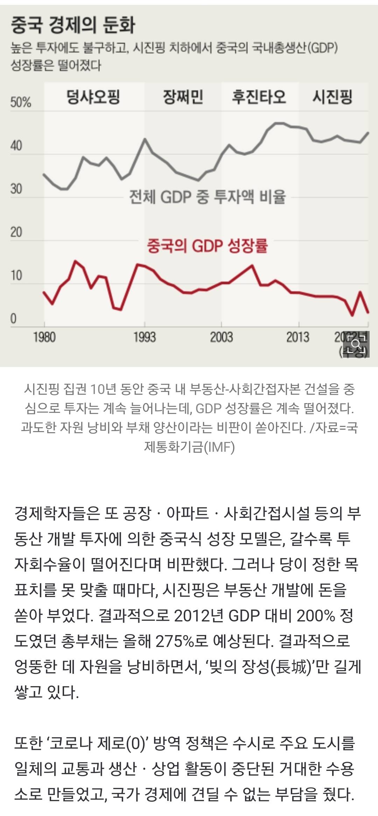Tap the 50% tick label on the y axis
(21, 102)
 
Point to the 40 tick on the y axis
(16, 146)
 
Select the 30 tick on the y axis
(16, 189)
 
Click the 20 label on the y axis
(16, 232)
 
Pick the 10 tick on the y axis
(16, 275)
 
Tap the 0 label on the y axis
(13, 319)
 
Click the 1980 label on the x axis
(44, 337)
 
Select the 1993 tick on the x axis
(145, 337)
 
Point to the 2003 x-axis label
(221, 337)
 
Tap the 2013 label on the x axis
(298, 337)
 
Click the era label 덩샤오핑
(93, 97)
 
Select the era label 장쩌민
(183, 97)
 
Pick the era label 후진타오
(259, 97)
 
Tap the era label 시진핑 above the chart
(332, 97)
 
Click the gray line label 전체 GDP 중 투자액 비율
(208, 197)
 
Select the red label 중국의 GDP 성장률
(207, 246)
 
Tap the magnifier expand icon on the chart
(356, 345)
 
